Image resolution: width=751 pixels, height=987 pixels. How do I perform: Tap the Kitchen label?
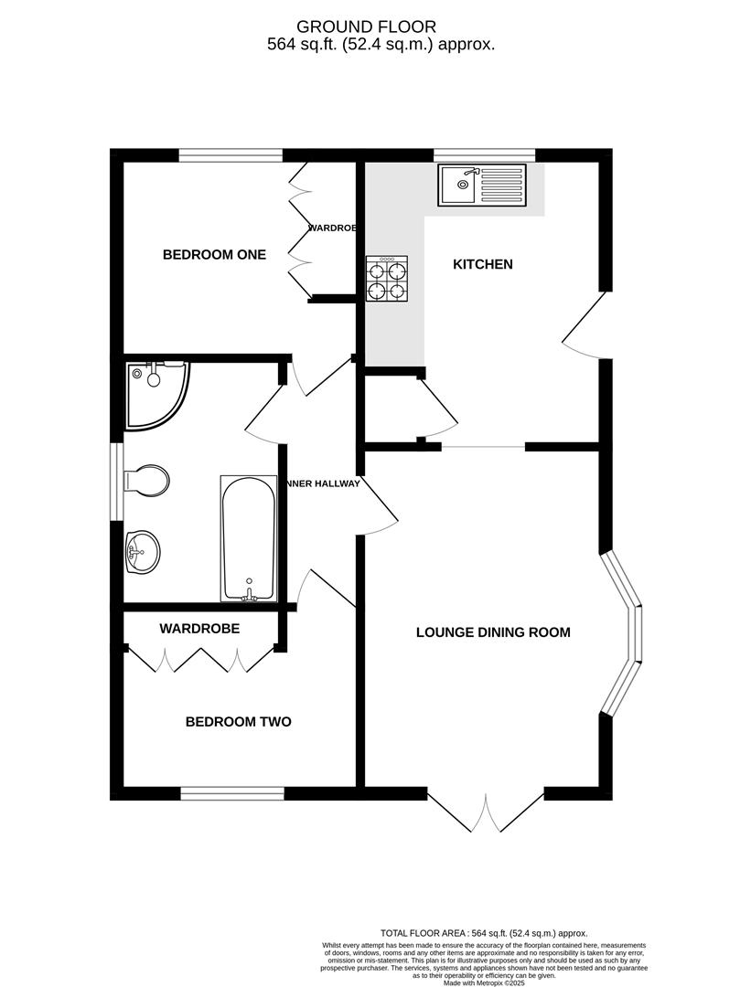(483, 264)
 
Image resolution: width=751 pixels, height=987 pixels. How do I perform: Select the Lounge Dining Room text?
(493, 631)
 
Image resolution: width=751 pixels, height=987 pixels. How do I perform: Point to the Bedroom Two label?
(238, 722)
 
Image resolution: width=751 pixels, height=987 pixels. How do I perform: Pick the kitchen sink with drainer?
(482, 185)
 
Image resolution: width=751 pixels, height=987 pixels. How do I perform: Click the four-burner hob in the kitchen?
(388, 279)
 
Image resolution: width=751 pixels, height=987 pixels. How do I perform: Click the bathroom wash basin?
(141, 551)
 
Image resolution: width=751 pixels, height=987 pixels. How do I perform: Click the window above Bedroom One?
(231, 155)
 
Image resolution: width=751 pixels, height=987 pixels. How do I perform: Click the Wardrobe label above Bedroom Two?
(199, 629)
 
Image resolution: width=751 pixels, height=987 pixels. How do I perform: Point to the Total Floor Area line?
(484, 932)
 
